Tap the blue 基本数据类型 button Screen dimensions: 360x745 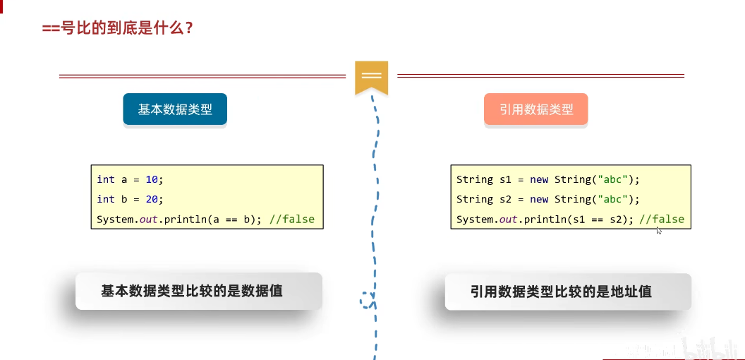tap(175, 109)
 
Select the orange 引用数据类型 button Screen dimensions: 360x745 tap(536, 109)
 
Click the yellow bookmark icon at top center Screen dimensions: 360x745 tap(371, 76)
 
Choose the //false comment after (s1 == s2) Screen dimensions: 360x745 tap(662, 219)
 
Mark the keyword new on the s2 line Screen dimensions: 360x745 tap(539, 199)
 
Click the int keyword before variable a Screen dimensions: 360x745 tap(106, 179)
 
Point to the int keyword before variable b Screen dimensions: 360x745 tap(106, 199)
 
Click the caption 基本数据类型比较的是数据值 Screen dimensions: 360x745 tap(192, 290)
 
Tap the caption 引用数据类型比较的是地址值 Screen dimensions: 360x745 tap(561, 291)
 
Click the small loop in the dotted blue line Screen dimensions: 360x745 tap(367, 300)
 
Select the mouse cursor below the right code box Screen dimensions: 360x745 tap(659, 230)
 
